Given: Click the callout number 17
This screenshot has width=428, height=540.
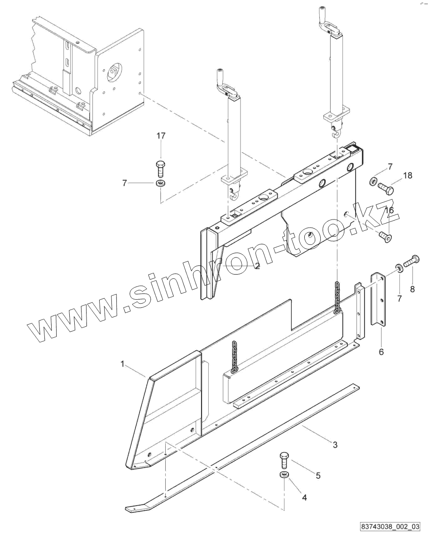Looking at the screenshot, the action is [x=161, y=135].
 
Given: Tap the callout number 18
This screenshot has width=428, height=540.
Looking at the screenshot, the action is [x=408, y=175].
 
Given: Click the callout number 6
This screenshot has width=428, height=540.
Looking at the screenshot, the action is [x=381, y=351].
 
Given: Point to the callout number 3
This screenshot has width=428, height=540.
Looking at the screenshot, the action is [x=335, y=445].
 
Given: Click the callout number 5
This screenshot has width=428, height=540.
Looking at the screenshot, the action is [x=318, y=475].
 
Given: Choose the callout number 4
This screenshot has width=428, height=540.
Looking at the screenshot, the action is [x=304, y=497].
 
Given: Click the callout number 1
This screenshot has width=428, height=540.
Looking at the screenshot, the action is [x=122, y=363].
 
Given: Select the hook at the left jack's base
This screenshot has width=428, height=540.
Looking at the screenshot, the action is [x=234, y=194].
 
